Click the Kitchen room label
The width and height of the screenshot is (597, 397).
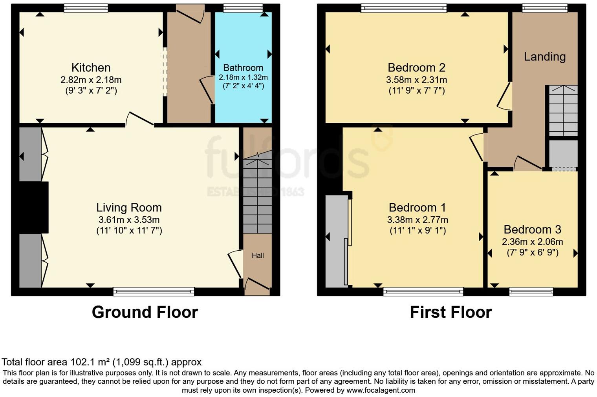[91, 67]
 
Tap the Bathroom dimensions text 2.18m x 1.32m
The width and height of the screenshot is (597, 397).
[243, 77]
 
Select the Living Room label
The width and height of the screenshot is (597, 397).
[129, 208]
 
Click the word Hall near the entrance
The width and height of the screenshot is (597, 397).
[258, 255]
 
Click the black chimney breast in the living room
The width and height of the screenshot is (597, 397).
[33, 207]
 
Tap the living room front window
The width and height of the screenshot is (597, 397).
[154, 291]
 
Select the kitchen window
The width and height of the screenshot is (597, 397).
[86, 8]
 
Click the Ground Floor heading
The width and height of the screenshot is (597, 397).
[145, 312]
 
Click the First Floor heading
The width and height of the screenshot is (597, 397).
[450, 312]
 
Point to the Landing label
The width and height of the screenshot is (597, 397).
[544, 57]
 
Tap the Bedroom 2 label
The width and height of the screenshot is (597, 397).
[416, 67]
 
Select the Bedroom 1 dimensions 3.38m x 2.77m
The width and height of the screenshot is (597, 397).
[418, 220]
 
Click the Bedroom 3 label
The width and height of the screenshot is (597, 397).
[532, 229]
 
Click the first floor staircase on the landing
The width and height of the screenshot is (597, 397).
[563, 110]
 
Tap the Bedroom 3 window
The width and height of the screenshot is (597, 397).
[531, 291]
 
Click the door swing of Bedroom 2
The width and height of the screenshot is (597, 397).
[504, 97]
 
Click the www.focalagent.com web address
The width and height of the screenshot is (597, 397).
[381, 390]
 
